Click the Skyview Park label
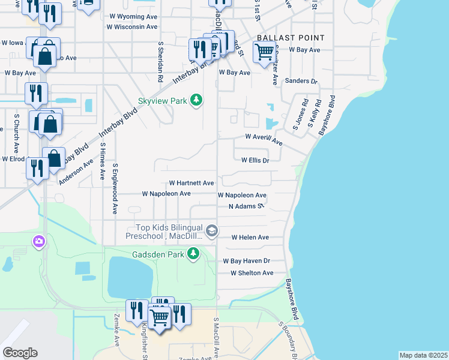(163, 101)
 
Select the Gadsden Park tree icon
(193, 254)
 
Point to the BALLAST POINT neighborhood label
(291, 38)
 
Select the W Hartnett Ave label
(191, 183)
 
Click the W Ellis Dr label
(255, 161)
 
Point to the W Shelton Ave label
(252, 273)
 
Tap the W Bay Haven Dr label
(247, 261)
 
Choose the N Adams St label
(246, 206)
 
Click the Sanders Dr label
(301, 81)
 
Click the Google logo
(20, 353)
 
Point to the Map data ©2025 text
(423, 355)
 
